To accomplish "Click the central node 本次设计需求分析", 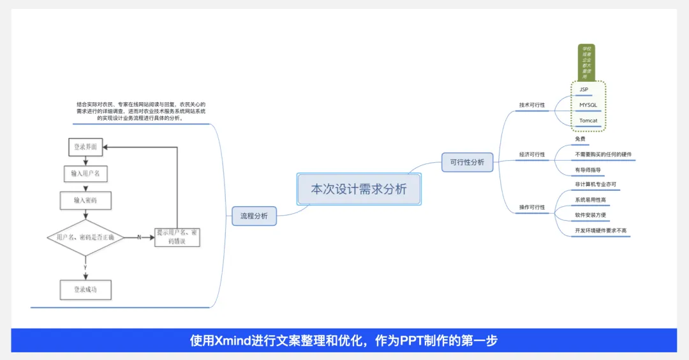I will click(359, 189).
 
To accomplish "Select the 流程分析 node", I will click(254, 216).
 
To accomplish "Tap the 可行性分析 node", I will click(467, 162).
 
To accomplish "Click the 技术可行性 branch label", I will click(532, 105).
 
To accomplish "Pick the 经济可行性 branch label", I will click(532, 154).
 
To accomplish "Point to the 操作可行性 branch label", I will click(532, 207).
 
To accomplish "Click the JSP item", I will click(584, 89).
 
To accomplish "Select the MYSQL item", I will click(588, 105).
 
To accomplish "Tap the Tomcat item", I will click(588, 121).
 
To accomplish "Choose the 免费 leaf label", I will click(580, 139).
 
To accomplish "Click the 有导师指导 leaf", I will click(588, 170).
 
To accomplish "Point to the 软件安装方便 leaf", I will click(590, 215).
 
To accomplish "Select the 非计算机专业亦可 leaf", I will click(595, 184).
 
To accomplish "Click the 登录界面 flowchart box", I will click(85, 147).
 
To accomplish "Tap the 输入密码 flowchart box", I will click(85, 200).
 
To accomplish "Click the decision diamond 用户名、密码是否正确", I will click(85, 237).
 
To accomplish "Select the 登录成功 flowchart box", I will click(85, 290).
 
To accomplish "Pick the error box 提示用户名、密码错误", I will click(177, 237).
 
